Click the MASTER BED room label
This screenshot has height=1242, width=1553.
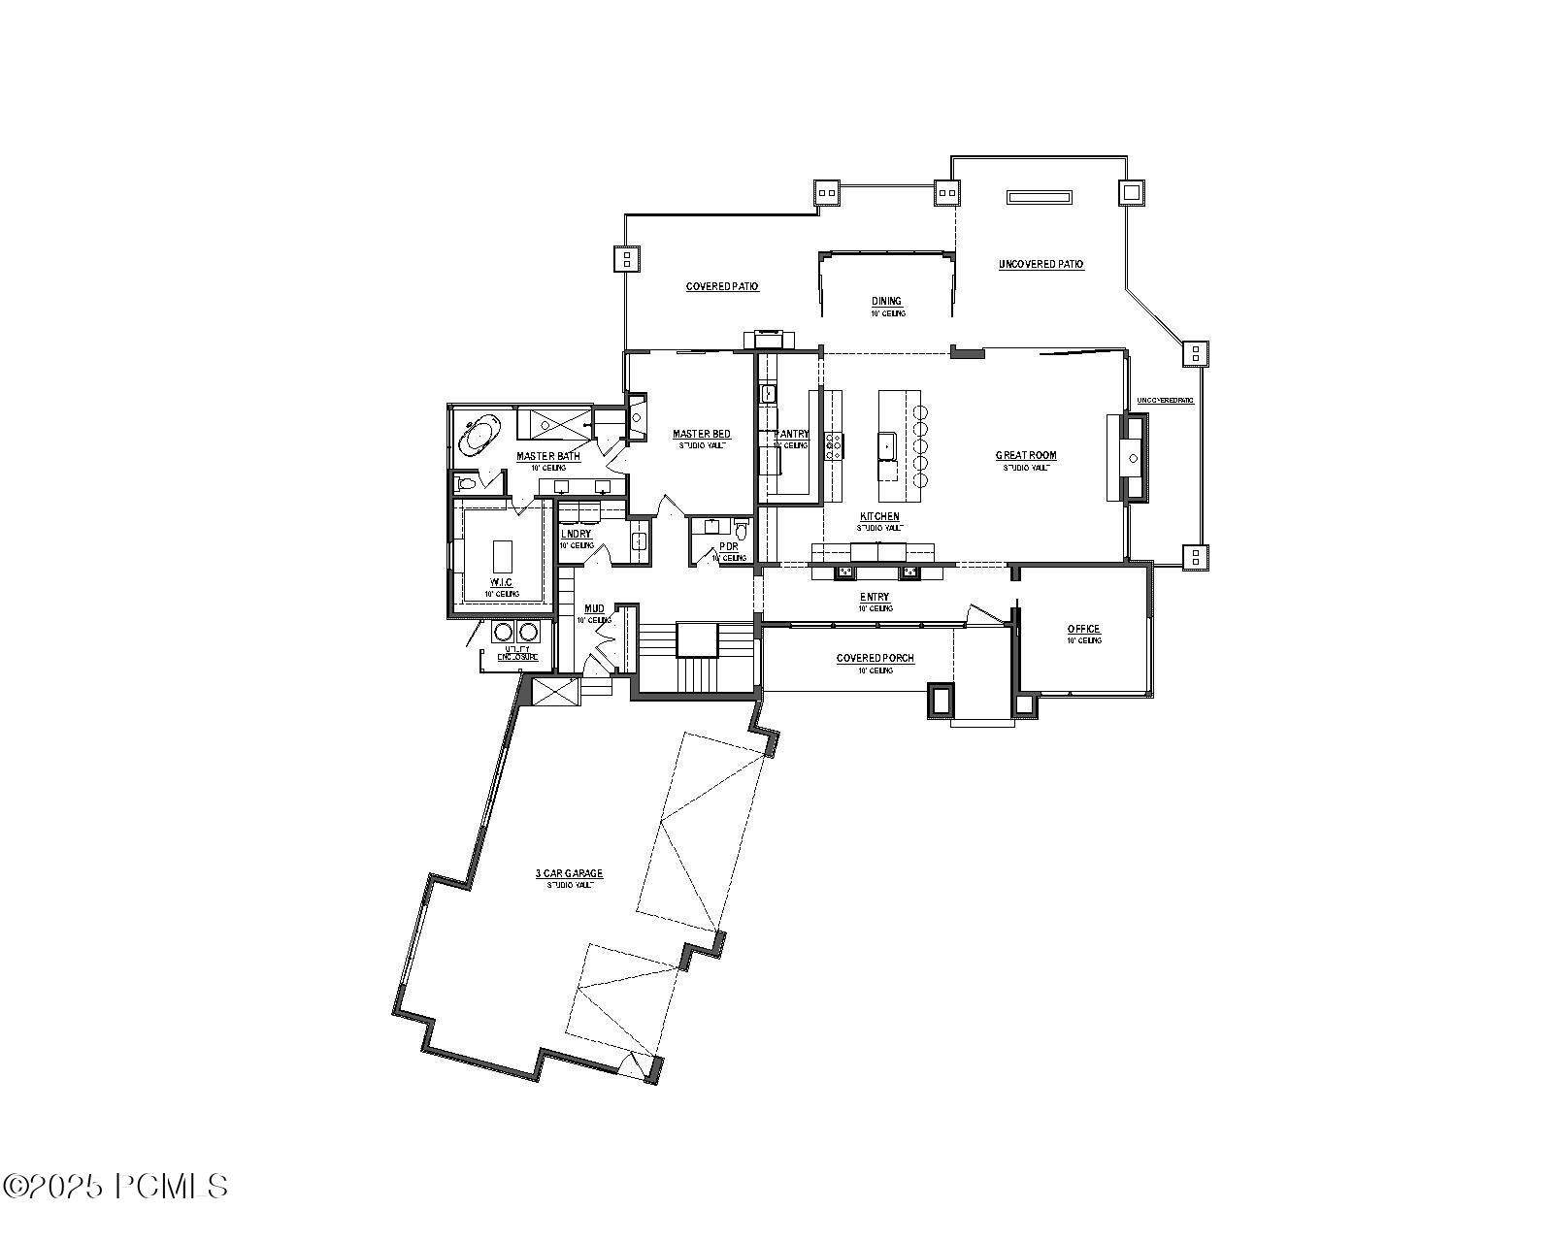coord(702,434)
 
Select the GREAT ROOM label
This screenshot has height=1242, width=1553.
coord(1026,455)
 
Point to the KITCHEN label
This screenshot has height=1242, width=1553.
coord(879,517)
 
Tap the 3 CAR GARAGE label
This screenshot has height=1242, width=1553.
coord(569,873)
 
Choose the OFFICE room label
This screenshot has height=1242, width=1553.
coord(1083,629)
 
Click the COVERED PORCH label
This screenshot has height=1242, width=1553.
coord(875,658)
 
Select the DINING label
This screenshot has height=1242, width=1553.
coord(886,301)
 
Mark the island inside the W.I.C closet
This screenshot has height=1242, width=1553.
coord(502,557)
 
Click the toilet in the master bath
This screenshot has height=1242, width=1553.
coord(466,481)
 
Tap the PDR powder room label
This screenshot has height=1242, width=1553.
coord(729,546)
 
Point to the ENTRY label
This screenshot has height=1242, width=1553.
coord(874,597)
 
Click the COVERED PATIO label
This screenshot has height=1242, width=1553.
coord(722,286)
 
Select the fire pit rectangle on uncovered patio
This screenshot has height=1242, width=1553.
coord(1041,197)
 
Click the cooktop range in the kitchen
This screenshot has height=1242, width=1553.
coord(833,445)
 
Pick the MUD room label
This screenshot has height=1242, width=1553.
coord(594,608)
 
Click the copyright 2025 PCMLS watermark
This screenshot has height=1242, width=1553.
coord(116,1186)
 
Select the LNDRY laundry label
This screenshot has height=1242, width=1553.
coord(576,534)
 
